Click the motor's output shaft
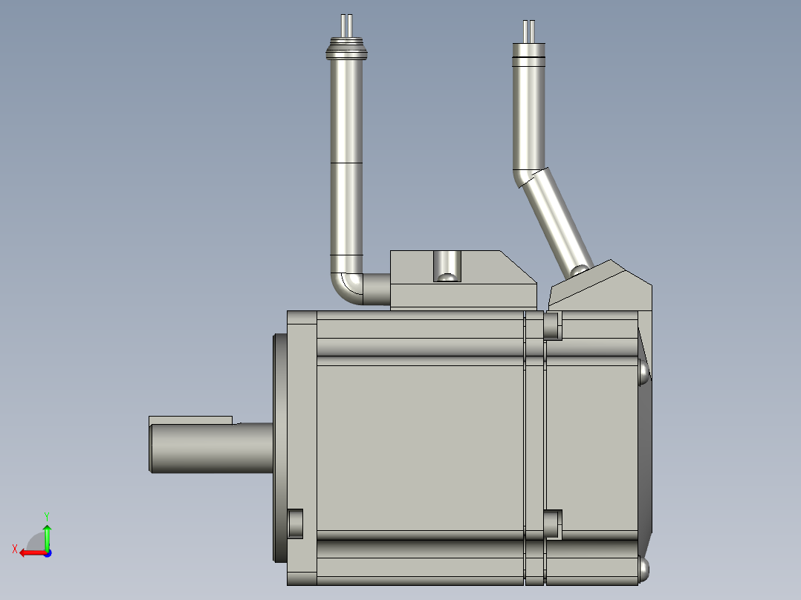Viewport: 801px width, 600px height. point(211,448)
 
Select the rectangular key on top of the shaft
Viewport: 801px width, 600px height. point(190,420)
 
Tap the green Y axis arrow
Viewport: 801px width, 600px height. point(47,537)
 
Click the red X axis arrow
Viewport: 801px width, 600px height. point(33,553)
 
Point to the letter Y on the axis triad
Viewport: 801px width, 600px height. point(47,516)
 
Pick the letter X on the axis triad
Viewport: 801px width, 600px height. point(15,549)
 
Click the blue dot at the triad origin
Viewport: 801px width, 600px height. point(48,553)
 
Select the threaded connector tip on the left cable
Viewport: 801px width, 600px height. point(346,48)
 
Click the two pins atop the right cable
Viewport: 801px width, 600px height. point(529,32)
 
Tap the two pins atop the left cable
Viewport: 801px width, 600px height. point(346,25)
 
